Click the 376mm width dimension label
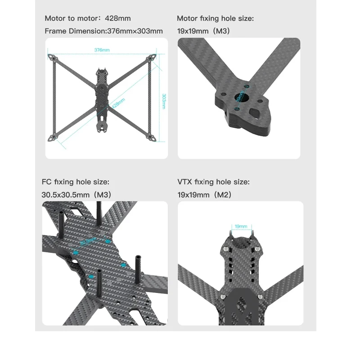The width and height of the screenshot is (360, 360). click(x=102, y=49)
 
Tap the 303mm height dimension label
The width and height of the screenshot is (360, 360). click(x=164, y=101)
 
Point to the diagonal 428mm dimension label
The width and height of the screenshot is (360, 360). click(x=118, y=103)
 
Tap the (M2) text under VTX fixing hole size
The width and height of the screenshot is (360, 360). click(x=223, y=195)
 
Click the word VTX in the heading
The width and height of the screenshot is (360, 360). click(x=185, y=182)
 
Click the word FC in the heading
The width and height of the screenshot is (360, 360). click(x=47, y=182)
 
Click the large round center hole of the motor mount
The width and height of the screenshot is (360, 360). click(x=240, y=97)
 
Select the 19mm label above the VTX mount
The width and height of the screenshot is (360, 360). click(x=241, y=226)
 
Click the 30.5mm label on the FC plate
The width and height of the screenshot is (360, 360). click(x=88, y=242)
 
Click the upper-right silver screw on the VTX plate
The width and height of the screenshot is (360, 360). click(x=256, y=248)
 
